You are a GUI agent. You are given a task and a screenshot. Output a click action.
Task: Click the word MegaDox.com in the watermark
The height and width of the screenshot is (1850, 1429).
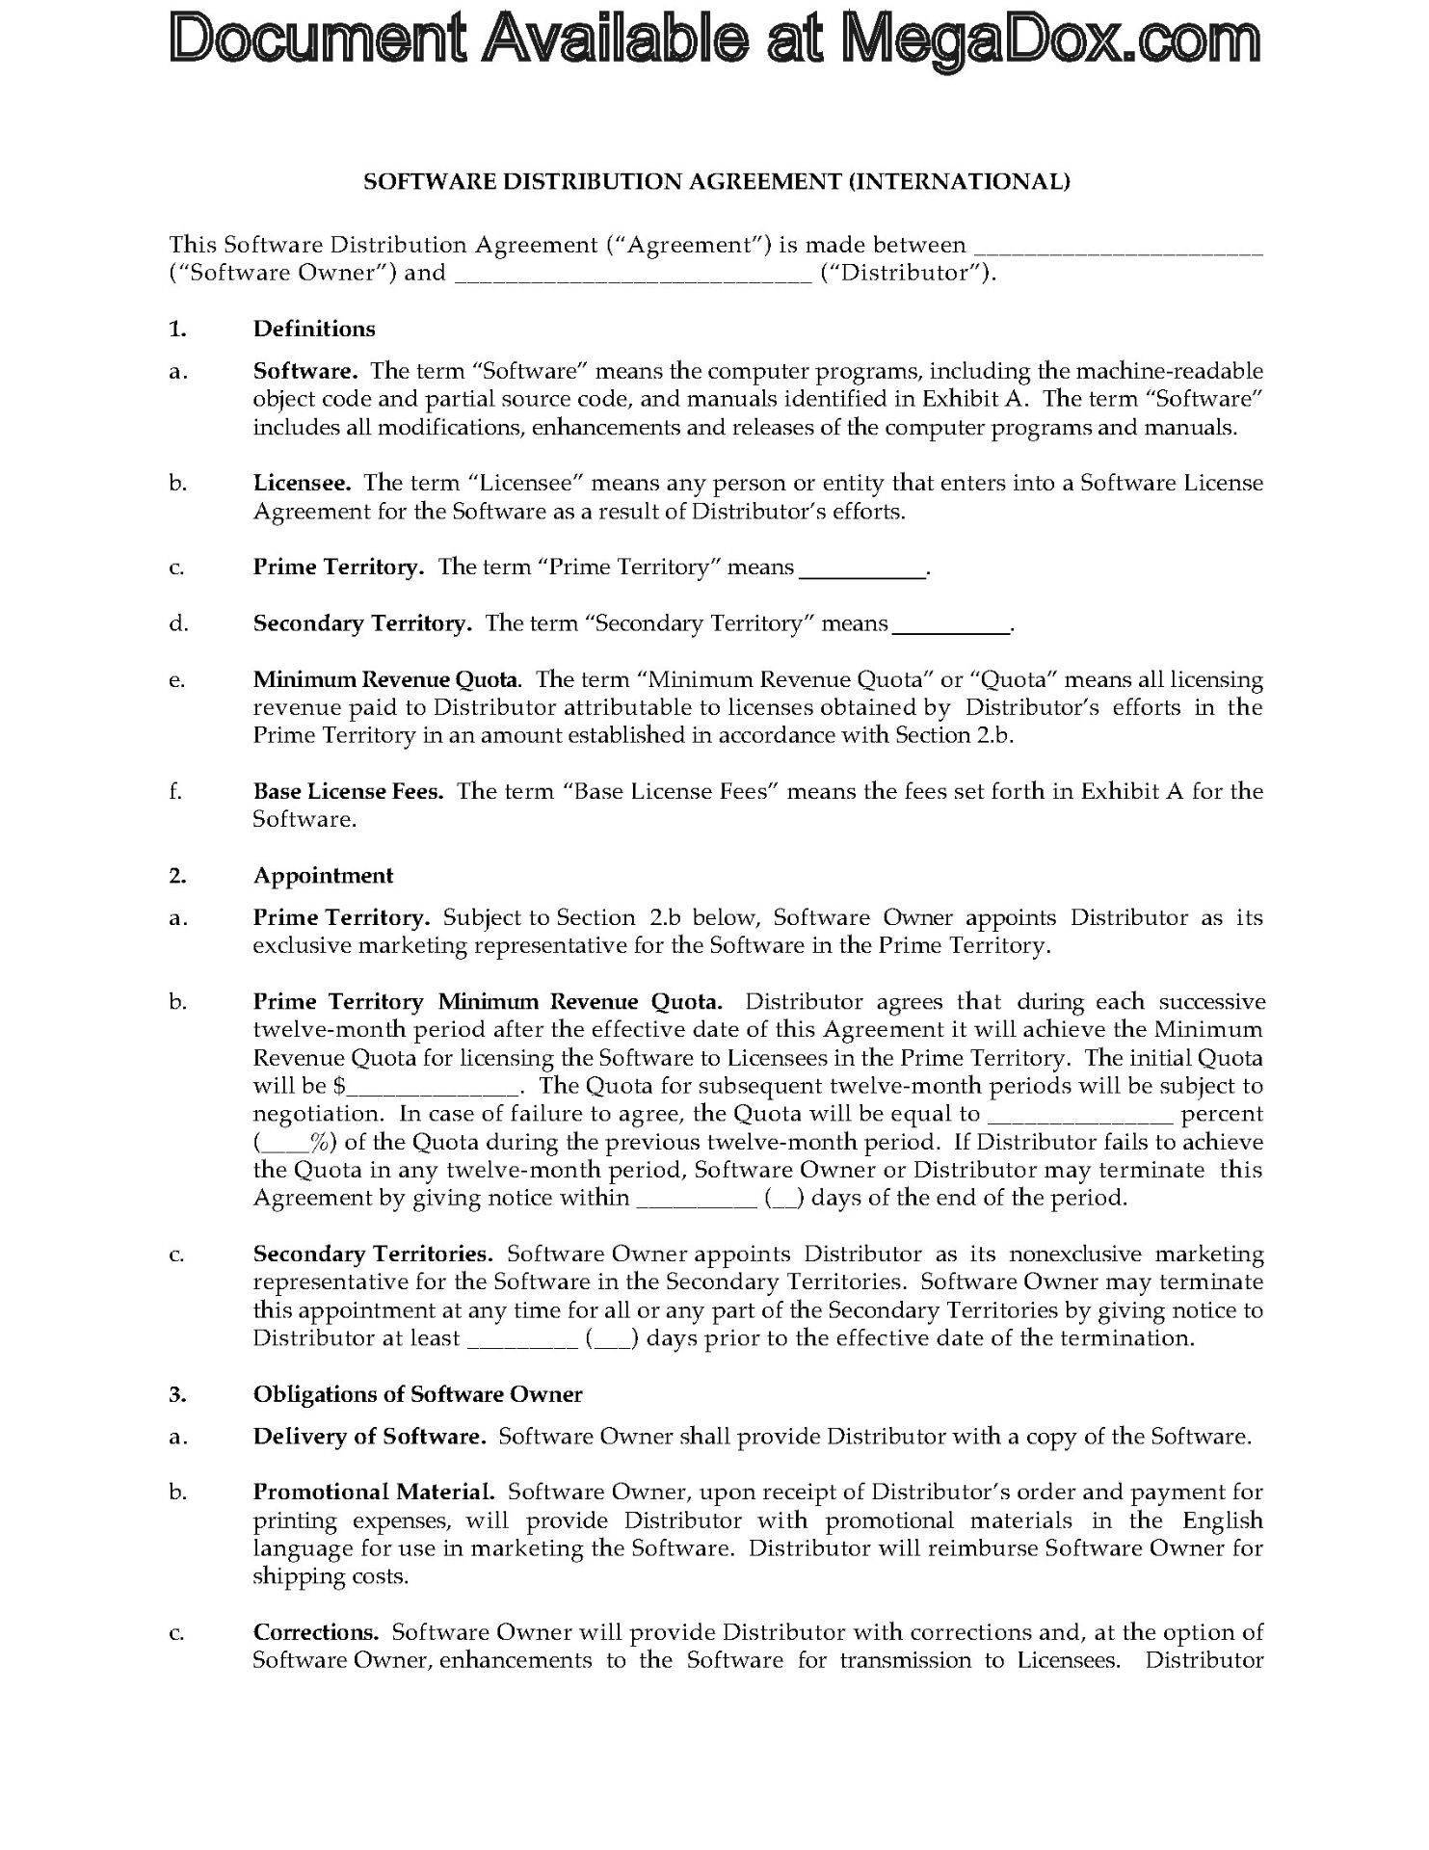click(1051, 40)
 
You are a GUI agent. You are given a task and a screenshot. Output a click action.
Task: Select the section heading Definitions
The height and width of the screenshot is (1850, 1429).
click(314, 329)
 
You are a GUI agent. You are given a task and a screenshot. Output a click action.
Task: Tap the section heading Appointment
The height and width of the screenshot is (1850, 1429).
click(323, 875)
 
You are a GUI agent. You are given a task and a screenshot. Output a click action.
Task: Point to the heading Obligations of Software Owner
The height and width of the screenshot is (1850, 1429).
click(417, 1394)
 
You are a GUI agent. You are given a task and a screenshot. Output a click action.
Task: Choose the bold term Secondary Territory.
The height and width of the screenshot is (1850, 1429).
click(361, 623)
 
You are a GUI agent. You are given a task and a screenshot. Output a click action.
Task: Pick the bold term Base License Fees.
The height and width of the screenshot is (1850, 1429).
click(348, 791)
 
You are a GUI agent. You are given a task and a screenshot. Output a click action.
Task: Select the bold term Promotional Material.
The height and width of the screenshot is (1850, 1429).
click(374, 1493)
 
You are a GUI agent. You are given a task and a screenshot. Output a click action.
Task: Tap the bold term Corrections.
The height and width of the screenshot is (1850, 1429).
click(316, 1632)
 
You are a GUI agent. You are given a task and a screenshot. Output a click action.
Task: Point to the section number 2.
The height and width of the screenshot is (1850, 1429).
click(176, 875)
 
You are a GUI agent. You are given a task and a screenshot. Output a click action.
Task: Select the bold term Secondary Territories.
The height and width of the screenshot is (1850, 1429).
click(373, 1254)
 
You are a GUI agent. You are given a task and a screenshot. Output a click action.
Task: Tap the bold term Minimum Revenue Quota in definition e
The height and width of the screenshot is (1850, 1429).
click(385, 679)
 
